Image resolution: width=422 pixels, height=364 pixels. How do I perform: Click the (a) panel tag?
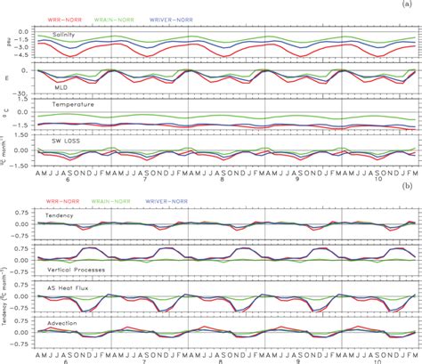[x=410, y=4]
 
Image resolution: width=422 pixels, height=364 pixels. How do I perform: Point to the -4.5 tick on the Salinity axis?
[x=27, y=54]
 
